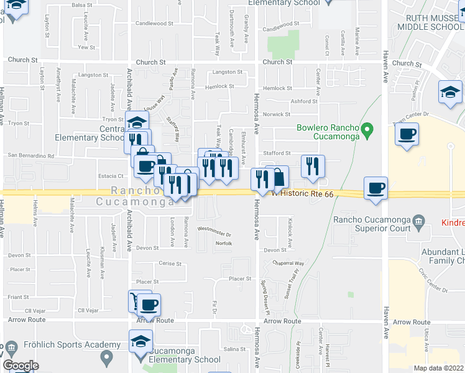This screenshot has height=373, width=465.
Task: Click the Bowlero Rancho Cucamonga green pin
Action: pos(367,131)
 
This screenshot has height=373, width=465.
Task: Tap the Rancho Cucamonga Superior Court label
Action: pos(372,223)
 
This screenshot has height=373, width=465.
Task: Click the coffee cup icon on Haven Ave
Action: pos(375,188)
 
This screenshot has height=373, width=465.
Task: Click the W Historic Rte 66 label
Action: pos(303,194)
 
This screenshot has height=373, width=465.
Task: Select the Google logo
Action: pos(21,366)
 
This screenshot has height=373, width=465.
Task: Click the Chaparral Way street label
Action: pos(287,263)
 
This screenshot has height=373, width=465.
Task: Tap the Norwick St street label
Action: pos(277,114)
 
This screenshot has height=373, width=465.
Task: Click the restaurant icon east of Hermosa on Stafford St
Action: pos(313,166)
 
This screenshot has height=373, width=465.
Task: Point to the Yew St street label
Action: pos(86,47)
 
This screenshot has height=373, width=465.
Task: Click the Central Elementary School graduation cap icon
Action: pos(137,122)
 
